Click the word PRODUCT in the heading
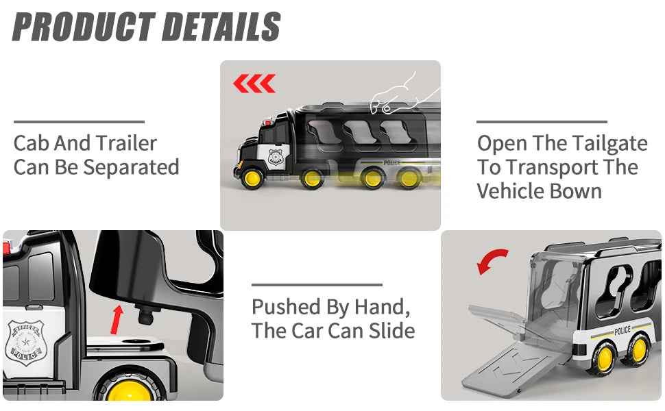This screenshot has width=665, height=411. coord(84,26)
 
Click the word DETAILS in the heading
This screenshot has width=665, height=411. coord(221,26)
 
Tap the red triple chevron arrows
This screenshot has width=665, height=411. coord(254,84)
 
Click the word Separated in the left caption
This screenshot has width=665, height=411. coord(131,167)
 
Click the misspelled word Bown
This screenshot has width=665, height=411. coord(577,191)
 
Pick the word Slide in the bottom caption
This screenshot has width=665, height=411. coord(391,330)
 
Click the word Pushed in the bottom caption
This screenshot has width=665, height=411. coord(286,307)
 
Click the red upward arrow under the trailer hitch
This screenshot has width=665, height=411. coord(117,319)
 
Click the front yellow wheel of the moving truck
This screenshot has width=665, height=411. coord(252,178)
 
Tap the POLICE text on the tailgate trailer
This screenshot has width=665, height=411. coord(622,330)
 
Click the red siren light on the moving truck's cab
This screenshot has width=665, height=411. coord(267,123)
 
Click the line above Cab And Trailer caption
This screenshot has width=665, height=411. coord(80,122)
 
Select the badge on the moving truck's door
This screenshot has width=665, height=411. coord(276,156)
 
